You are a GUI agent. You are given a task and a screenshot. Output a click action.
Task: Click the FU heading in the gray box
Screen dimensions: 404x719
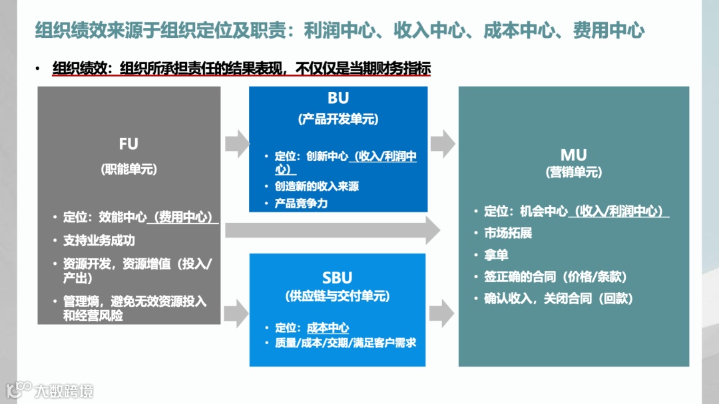pos(128,144)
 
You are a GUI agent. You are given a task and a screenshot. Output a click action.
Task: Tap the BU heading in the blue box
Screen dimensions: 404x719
pos(338,99)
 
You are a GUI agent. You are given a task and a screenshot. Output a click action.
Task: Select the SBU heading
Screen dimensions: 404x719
pos(338,278)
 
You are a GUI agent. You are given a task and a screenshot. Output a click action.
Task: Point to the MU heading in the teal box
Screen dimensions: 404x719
pos(573,156)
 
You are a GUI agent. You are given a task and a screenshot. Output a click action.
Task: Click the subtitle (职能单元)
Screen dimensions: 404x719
pos(128,169)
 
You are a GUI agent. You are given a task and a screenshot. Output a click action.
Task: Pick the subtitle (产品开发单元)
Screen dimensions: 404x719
pos(338,120)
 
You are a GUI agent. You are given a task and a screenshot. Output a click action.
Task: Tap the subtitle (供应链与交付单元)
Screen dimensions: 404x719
pos(338,297)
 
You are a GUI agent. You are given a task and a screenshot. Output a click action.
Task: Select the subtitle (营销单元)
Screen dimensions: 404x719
pos(573,172)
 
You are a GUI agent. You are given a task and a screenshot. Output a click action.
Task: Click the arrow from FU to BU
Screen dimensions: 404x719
pos(236,142)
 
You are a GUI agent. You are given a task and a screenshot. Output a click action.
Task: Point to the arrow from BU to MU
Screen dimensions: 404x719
pos(442,142)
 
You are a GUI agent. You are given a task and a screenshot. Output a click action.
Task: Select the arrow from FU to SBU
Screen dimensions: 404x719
pos(236,312)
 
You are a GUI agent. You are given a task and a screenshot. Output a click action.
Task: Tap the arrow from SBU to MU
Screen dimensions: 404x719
pos(442,312)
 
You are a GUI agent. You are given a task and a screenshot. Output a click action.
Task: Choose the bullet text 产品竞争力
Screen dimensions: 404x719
pos(301,204)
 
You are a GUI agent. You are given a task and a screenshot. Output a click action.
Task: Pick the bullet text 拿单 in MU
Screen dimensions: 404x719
pos(496,255)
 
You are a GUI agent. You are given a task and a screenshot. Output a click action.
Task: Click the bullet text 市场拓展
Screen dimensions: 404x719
pos(508,234)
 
